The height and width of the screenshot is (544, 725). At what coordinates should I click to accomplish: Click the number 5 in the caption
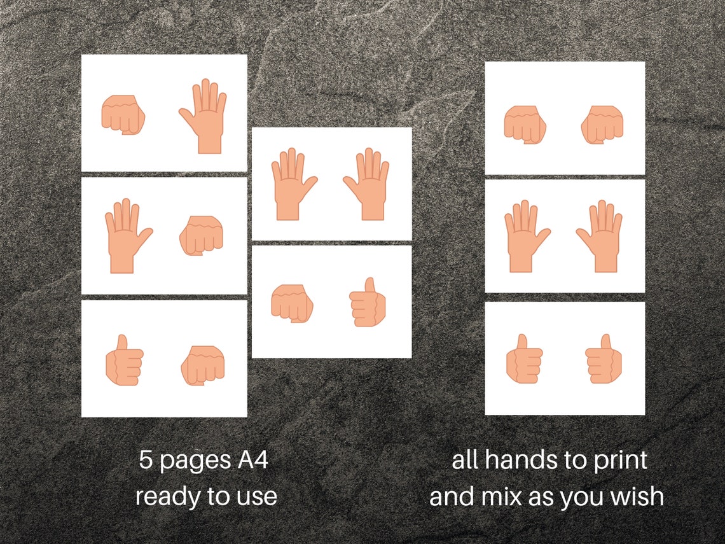coord(146,460)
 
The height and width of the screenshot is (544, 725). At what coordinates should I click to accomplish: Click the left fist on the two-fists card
coord(525,125)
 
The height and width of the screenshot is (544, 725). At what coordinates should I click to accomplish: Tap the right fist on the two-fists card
coord(602,125)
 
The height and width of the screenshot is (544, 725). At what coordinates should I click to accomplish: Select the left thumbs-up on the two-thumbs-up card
coord(524,359)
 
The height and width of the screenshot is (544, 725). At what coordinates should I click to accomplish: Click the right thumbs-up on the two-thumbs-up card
coord(604,359)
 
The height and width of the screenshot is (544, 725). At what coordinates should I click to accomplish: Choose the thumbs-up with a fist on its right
coord(125,360)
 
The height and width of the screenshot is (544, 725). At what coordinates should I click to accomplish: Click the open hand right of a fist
coord(203,116)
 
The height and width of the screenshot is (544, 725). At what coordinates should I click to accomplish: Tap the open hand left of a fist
coord(128,236)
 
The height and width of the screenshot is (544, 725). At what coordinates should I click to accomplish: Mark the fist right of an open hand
coord(201,235)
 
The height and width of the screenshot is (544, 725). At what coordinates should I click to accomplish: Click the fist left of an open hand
coord(123,115)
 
